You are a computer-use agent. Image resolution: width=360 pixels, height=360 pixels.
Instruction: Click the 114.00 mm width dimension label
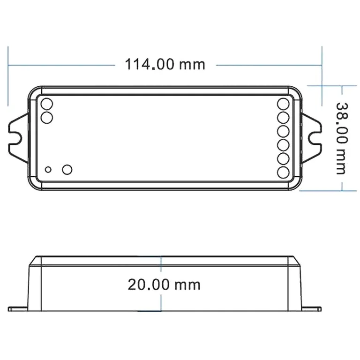click(165, 64)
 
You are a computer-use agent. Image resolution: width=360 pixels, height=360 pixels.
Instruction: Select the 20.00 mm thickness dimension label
click(164, 284)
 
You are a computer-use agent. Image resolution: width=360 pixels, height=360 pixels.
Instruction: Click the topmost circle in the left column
click(47, 104)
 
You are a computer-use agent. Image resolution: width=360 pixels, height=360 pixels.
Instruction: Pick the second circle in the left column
click(47, 117)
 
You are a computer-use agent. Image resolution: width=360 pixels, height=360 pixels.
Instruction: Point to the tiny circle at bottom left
click(48, 169)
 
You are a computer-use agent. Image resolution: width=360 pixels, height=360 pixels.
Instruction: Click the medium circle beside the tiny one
click(67, 169)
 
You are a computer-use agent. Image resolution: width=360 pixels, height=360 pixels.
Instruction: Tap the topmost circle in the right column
click(284, 104)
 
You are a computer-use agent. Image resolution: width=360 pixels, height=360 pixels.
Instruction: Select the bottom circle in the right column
click(284, 172)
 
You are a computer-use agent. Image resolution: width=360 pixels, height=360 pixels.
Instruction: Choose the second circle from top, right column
click(284, 117)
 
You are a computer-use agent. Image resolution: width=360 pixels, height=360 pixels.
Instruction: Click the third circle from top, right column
click(284, 131)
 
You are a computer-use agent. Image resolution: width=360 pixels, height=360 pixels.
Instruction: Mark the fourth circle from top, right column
click(284, 144)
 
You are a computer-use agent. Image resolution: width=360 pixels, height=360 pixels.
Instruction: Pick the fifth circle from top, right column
click(284, 158)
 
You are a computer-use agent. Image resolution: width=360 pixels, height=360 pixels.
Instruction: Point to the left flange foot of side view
click(19, 309)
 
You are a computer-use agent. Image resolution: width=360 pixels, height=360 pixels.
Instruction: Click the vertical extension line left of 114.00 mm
click(8, 75)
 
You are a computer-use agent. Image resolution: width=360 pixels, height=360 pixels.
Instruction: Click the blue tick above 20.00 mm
click(161, 263)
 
